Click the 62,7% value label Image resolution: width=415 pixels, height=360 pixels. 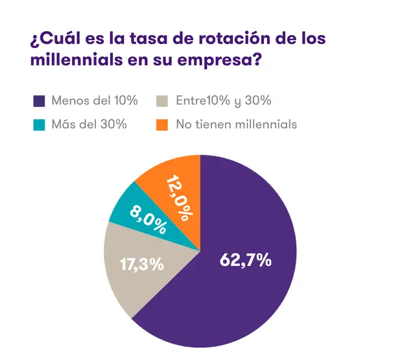click(246, 260)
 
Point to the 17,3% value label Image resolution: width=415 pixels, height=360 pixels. click(142, 264)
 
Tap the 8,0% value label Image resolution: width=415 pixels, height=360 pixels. click(148, 221)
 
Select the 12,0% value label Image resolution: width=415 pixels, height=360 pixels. click(179, 198)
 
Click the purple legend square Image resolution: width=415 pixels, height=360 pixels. click(39, 101)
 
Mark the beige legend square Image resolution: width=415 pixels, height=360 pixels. click(162, 101)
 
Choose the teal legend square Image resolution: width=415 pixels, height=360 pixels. click(39, 125)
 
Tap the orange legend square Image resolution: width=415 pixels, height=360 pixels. click(162, 125)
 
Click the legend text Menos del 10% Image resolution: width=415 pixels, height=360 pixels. click(95, 101)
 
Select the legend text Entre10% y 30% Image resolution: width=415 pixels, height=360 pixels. click(224, 101)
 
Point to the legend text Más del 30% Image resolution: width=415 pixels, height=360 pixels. click(89, 124)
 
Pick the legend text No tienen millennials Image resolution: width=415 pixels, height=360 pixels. click(237, 125)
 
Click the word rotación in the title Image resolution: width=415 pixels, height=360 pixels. click(235, 38)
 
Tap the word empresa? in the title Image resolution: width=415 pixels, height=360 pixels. click(219, 60)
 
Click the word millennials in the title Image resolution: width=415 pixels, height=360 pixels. click(77, 59)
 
